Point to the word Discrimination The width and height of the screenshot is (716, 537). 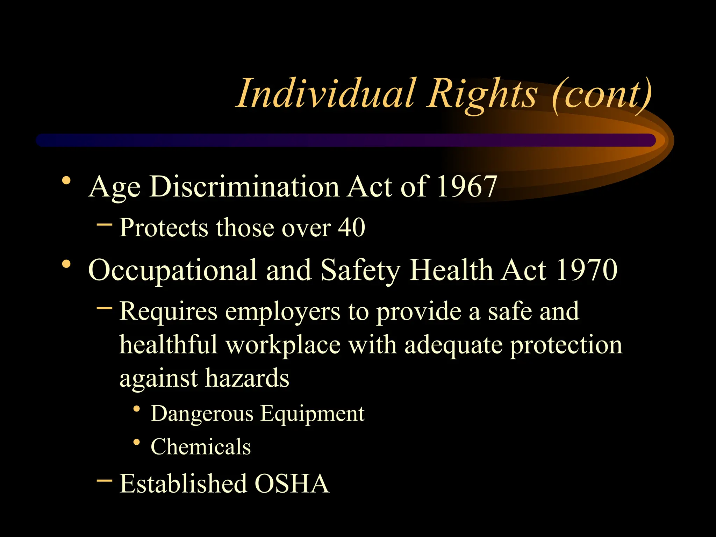[x=245, y=186]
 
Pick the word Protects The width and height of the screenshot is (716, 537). [x=164, y=228]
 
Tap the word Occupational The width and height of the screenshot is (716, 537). [x=173, y=270]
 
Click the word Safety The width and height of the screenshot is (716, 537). [x=360, y=270]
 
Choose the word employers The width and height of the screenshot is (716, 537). [x=282, y=312]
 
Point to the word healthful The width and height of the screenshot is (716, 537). [x=169, y=344]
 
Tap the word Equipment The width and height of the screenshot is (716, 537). [x=312, y=414]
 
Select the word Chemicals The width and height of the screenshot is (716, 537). [x=201, y=446]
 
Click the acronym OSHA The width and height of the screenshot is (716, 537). [x=292, y=484]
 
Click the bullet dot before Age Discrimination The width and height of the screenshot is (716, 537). [x=66, y=181]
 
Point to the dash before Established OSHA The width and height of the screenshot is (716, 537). [x=104, y=480]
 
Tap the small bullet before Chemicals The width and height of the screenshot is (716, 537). [x=137, y=442]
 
